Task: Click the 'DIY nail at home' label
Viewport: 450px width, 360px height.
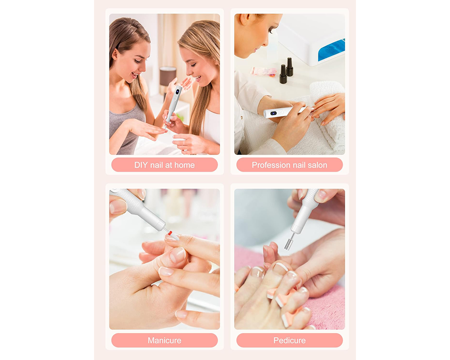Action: click(164, 165)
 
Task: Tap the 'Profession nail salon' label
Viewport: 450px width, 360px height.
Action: click(289, 165)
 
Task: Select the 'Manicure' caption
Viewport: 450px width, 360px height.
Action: click(164, 340)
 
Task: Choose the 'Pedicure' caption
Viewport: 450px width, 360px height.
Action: click(289, 340)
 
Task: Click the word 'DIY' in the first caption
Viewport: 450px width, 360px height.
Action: click(141, 165)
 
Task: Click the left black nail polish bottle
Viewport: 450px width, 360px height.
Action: click(283, 74)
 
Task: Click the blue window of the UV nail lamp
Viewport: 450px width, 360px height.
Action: click(331, 50)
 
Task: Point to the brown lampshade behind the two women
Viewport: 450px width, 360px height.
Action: click(168, 76)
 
